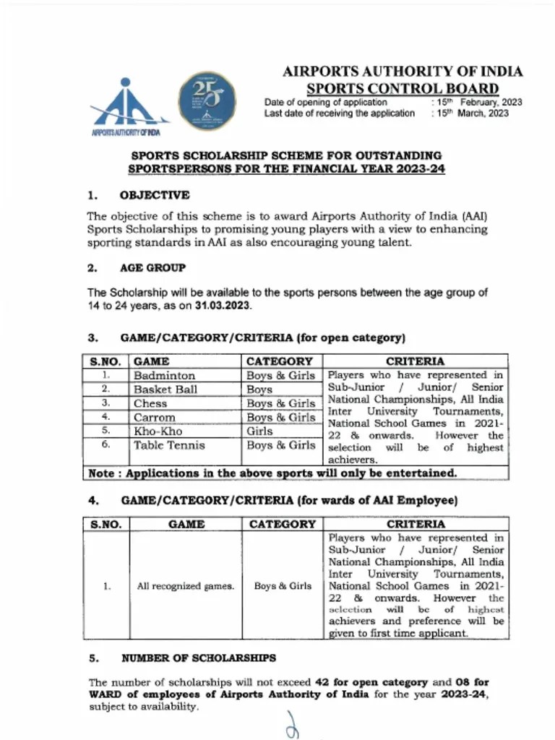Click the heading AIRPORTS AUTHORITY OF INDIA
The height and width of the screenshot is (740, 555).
pos(403,72)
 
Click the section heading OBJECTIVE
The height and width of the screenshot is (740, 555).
pos(155,195)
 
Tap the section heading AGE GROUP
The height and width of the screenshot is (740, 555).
pos(152,267)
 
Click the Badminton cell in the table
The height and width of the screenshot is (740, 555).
pos(164,376)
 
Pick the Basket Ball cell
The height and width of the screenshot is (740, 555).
pos(165,390)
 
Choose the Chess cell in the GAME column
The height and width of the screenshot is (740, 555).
pos(150,403)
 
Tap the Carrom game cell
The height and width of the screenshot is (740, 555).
pos(154,417)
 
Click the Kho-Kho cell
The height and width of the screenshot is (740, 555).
pos(158,431)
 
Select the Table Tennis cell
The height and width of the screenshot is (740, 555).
pos(169,445)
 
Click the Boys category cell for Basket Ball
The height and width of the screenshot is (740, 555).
pos(259,390)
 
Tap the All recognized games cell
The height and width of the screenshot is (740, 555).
pos(186,586)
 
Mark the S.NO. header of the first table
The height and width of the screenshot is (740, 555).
pos(105,361)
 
